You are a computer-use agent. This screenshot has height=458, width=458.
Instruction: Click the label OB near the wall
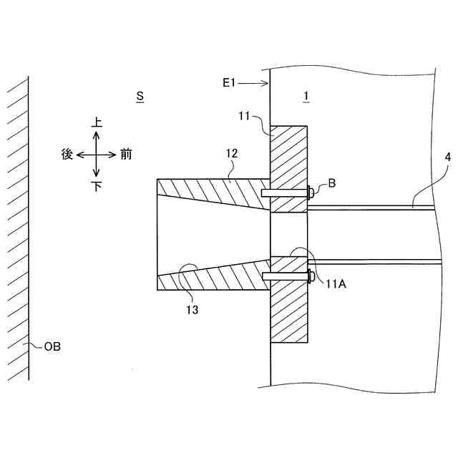(52, 347)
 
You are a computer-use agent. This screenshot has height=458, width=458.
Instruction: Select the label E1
(228, 84)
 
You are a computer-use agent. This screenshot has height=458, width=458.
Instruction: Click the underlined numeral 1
(306, 96)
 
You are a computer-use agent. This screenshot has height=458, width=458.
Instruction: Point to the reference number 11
(245, 115)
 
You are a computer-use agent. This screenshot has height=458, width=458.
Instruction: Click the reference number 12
(230, 153)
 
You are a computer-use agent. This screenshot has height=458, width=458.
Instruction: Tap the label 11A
(336, 283)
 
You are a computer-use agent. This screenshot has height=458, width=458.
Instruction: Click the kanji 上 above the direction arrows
(97, 123)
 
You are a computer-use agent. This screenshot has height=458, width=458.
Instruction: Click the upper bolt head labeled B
(311, 192)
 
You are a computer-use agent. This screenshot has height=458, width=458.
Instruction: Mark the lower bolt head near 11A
(311, 276)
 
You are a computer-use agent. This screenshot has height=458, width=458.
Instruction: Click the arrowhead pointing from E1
(265, 84)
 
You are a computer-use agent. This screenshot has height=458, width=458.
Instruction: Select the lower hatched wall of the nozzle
(215, 276)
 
